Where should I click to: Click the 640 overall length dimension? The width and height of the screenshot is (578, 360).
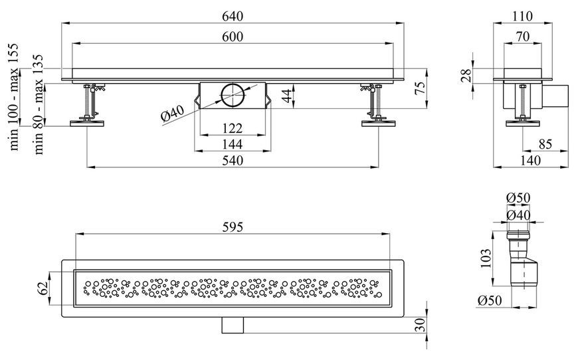pyautogui.click(x=233, y=16)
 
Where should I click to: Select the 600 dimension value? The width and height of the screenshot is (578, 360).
pyautogui.click(x=233, y=37)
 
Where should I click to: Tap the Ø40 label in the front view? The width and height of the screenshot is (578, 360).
pyautogui.click(x=173, y=113)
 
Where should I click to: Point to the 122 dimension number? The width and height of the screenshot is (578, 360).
pyautogui.click(x=233, y=128)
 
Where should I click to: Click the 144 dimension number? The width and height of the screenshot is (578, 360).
pyautogui.click(x=233, y=144)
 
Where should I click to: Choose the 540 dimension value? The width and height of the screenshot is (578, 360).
pyautogui.click(x=233, y=161)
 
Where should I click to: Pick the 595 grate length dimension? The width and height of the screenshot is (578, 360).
pyautogui.click(x=233, y=227)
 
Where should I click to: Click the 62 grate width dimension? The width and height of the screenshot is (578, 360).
pyautogui.click(x=43, y=288)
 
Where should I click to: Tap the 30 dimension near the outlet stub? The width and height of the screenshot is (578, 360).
pyautogui.click(x=421, y=325)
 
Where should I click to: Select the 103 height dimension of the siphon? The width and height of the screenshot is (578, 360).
pyautogui.click(x=486, y=258)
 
